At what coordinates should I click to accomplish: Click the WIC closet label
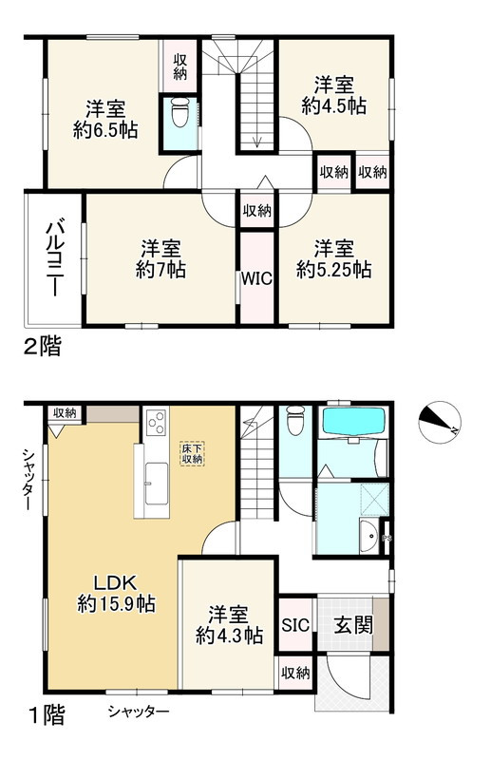[256, 279]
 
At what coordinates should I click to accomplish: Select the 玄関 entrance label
[351, 626]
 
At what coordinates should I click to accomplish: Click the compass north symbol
[440, 420]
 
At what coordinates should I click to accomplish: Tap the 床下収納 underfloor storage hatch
[193, 452]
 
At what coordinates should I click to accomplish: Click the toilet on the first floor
[294, 419]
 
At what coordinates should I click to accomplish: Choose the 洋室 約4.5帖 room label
[333, 95]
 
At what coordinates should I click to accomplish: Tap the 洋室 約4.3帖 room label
[228, 624]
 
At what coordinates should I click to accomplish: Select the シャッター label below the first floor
[138, 712]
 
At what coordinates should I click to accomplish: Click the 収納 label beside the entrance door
[295, 673]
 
